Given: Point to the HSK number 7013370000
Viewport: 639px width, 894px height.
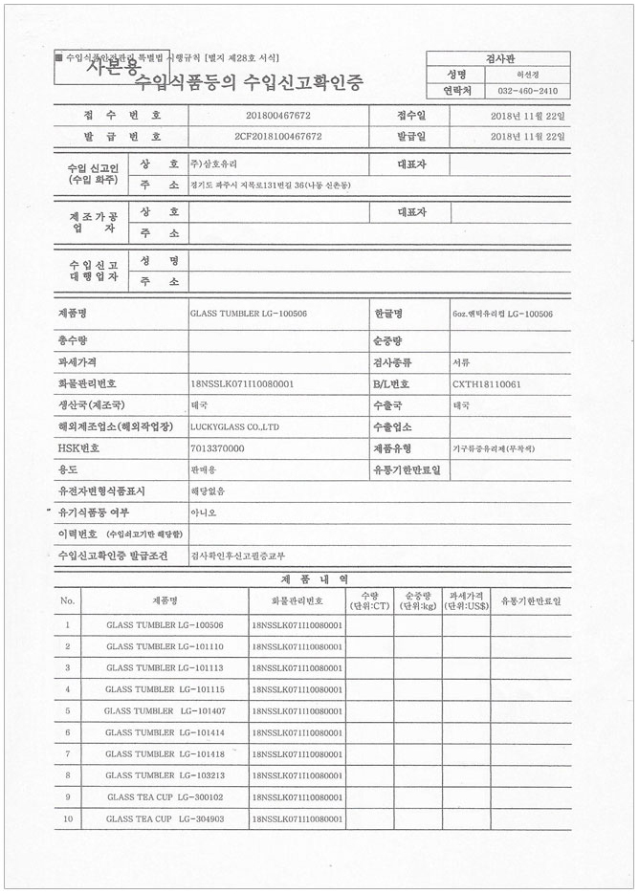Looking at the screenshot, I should [217, 447].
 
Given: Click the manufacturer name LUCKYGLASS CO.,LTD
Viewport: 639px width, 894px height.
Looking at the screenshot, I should [234, 426].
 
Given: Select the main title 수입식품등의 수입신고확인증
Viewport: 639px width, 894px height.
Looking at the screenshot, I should [249, 81].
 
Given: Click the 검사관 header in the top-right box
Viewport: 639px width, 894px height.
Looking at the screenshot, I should [502, 58].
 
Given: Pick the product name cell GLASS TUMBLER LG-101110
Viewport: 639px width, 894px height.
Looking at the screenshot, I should [165, 646].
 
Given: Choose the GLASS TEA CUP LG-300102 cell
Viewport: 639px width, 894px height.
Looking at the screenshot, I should [165, 796].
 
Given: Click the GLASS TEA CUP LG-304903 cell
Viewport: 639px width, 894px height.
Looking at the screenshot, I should [165, 818].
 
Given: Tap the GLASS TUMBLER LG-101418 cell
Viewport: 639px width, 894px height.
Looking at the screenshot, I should [165, 753].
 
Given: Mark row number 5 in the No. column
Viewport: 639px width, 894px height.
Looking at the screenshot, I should [67, 710].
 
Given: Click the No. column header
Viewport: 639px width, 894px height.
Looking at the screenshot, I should [67, 600].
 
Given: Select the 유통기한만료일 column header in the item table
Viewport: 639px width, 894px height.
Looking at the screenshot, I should [531, 600].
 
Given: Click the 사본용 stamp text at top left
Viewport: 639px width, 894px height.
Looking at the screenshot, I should [113, 66].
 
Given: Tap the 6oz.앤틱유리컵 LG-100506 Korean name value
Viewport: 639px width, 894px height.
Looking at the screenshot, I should [502, 314].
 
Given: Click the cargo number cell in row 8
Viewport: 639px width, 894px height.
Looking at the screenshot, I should [297, 774].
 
